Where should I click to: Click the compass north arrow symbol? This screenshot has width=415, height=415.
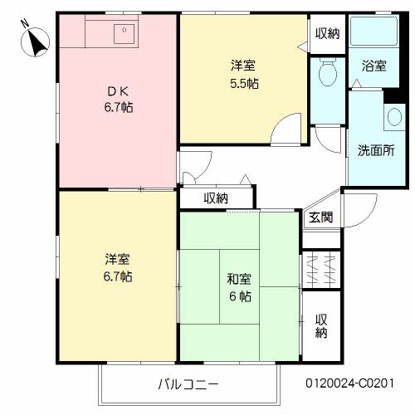[35, 41]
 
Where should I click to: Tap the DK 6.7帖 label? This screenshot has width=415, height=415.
[117, 99]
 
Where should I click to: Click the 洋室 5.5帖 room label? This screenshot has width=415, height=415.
[243, 74]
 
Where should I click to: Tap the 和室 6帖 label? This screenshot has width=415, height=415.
[238, 287]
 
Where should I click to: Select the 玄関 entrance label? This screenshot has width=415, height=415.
[321, 217]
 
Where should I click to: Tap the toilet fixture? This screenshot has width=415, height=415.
[327, 75]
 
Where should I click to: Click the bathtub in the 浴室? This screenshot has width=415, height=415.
[373, 32]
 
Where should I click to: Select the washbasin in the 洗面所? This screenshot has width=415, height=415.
[393, 117]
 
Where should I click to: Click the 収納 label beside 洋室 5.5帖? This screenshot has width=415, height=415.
[327, 33]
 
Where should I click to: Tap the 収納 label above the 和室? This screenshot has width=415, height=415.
[216, 198]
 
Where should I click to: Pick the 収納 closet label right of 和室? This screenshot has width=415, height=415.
[321, 326]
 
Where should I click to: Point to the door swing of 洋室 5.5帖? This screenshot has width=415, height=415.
[289, 129]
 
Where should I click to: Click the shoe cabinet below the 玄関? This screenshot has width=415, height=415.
[320, 268]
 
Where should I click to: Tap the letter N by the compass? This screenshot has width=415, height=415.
[23, 23]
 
